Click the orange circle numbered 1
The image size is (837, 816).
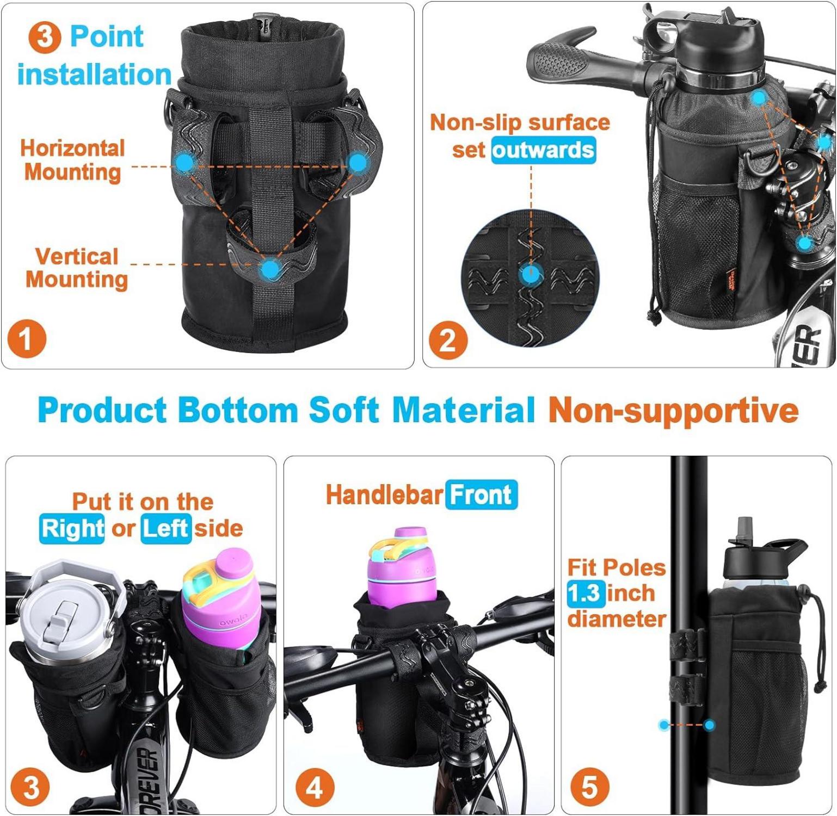click(27, 339)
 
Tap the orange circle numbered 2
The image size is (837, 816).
click(448, 341)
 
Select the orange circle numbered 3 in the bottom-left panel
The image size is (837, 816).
click(30, 787)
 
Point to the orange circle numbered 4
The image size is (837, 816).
click(315, 787)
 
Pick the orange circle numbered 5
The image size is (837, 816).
click(589, 787)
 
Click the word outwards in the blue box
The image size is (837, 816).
click(543, 150)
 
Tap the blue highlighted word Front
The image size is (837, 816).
click(481, 495)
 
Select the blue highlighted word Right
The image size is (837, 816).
click(72, 528)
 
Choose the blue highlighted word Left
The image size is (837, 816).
click(166, 528)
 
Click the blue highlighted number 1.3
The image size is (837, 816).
click(586, 593)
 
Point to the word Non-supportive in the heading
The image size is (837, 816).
click(673, 410)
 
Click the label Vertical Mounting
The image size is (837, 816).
click(77, 268)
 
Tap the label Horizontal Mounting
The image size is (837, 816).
click(72, 160)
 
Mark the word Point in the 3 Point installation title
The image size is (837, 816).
click(107, 36)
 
